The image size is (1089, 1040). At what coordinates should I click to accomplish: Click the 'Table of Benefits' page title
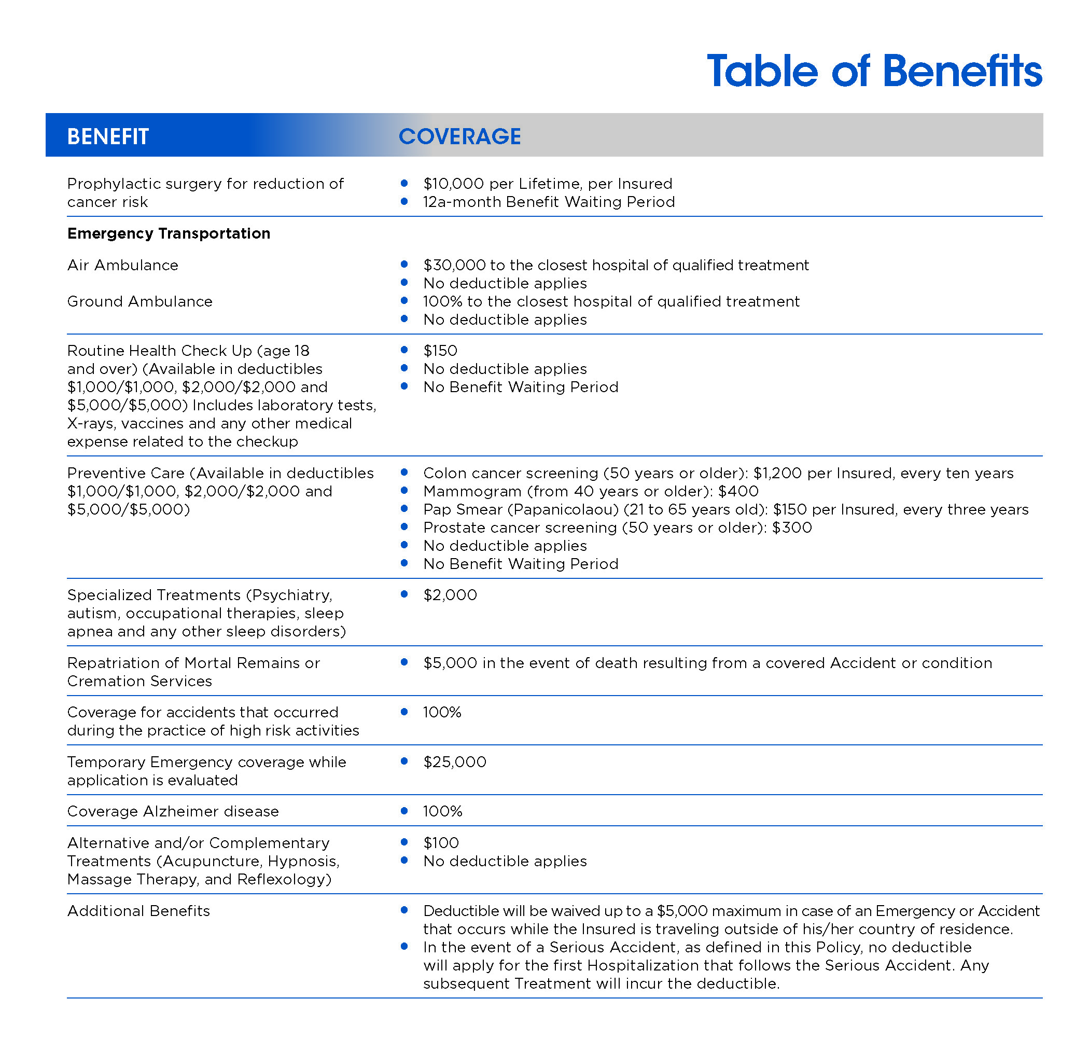click(874, 72)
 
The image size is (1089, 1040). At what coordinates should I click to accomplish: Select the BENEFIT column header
click(107, 136)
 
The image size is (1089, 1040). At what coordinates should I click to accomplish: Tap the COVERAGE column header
click(459, 136)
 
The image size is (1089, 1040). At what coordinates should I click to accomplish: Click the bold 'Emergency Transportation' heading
click(169, 233)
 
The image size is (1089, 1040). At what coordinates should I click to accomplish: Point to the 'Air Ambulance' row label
click(122, 265)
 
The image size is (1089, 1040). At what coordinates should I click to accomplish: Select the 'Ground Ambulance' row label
click(139, 301)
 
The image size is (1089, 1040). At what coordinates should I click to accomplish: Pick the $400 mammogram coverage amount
click(738, 491)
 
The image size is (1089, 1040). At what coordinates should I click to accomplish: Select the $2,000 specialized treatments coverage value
click(450, 595)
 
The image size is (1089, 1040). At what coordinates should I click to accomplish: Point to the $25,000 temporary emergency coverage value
click(454, 761)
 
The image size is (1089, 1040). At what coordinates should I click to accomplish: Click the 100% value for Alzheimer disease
click(442, 811)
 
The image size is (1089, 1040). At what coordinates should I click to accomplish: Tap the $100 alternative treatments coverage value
click(441, 843)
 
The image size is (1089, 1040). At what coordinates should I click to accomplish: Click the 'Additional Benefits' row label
click(138, 911)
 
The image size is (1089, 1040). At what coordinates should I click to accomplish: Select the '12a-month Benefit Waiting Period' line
click(549, 202)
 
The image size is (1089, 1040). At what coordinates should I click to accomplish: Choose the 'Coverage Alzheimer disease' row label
click(173, 811)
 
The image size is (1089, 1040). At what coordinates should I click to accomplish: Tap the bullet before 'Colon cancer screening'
click(404, 473)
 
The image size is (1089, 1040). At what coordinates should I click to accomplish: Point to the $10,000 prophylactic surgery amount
click(454, 184)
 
